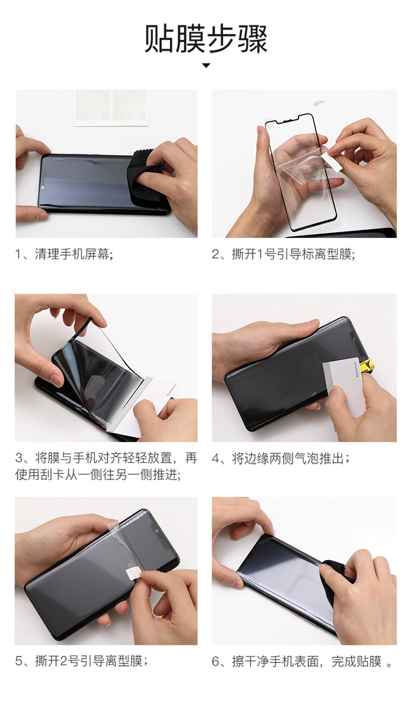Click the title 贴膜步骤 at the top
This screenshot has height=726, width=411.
point(205,39)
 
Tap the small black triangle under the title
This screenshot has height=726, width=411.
point(206,66)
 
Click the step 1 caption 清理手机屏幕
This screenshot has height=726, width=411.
point(74,254)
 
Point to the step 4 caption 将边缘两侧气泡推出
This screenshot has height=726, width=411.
point(290,459)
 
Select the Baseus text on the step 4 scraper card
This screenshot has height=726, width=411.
point(357,370)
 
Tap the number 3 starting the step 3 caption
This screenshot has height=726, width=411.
point(19,459)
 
